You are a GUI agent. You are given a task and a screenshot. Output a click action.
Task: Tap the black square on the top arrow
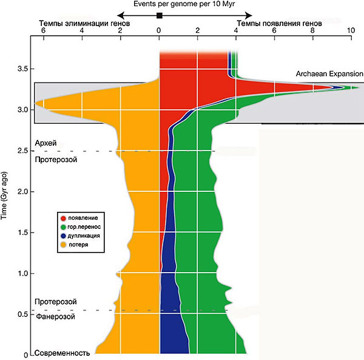click(x=159, y=14)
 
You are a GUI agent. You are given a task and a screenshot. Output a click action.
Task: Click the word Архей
click(x=46, y=143)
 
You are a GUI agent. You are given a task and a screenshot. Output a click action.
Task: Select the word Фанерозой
click(x=56, y=316)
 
